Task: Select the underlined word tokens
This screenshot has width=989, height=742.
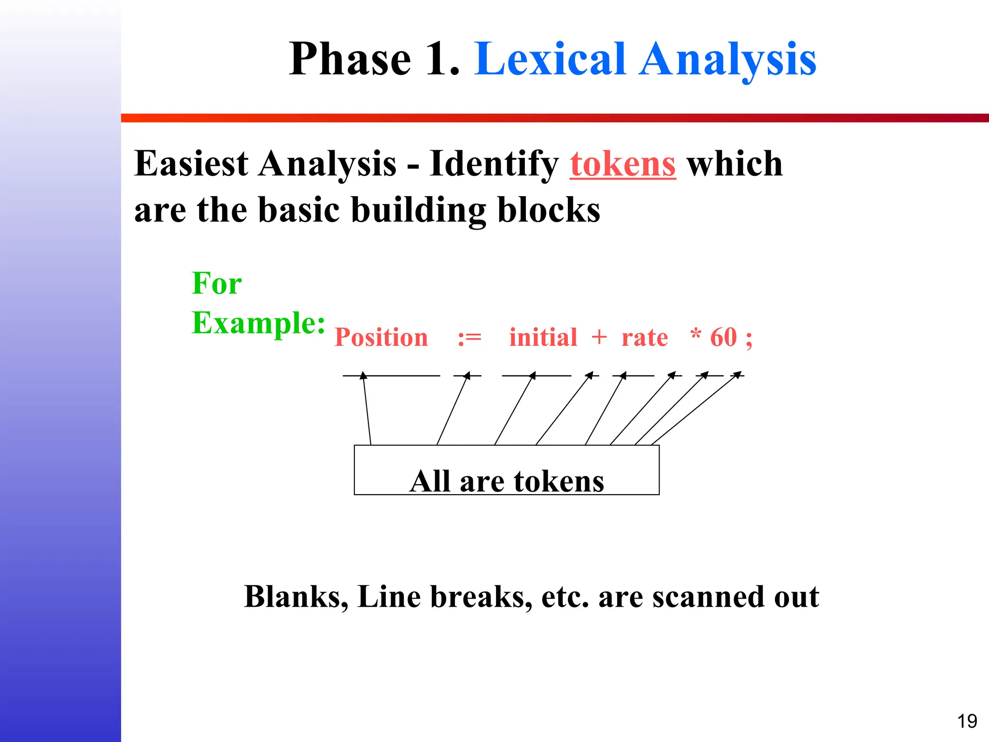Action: pos(622,164)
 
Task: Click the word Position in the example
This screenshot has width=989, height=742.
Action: pos(381,337)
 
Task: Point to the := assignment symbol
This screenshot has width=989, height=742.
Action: pos(469,337)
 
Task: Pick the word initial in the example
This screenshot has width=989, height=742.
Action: pos(543,337)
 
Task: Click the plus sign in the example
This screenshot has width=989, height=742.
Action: pos(599,337)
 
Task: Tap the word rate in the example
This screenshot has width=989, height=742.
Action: pos(645,337)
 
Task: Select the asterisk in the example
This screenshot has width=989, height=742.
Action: pos(695,334)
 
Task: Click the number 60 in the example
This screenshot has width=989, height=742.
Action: pos(723,337)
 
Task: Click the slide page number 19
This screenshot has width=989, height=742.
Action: pos(967,721)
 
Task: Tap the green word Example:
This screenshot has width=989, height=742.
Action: pos(258,323)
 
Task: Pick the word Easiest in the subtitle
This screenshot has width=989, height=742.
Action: pos(191,164)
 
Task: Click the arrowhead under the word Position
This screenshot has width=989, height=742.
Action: pos(364,375)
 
